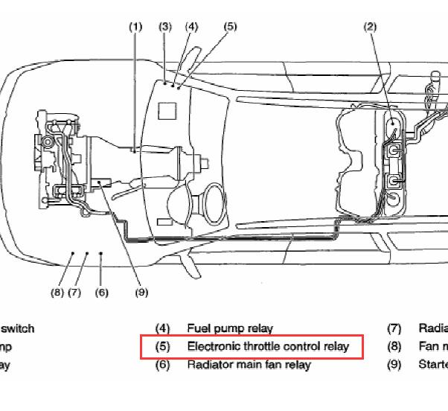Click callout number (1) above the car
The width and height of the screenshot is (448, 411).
[135, 27]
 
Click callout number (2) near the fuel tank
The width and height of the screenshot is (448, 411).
[371, 27]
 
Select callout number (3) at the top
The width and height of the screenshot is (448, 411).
[165, 27]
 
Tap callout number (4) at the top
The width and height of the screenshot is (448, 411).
[192, 27]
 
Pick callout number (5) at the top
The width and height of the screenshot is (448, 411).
[231, 27]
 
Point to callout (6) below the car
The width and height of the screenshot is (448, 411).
[102, 293]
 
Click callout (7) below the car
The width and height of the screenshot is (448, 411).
[74, 293]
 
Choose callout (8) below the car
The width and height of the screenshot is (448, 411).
[57, 293]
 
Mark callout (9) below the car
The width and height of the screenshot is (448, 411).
[141, 293]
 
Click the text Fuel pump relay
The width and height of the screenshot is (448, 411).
[230, 328]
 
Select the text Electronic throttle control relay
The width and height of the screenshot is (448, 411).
[268, 346]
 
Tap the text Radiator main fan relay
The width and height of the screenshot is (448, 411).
[249, 365]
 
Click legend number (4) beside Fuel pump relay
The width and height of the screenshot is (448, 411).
[162, 328]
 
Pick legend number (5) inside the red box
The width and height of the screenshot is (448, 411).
[162, 347]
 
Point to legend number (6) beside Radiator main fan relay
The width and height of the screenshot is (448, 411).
[162, 365]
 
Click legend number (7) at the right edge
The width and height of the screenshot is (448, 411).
[394, 328]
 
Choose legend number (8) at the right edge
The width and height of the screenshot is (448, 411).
[394, 346]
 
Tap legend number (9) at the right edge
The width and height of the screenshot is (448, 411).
[394, 365]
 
